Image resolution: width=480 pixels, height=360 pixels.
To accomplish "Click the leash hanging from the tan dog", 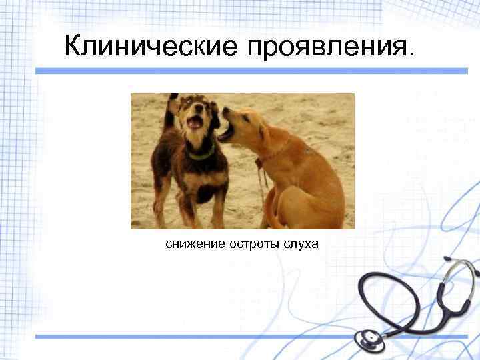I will [x=261, y=183].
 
